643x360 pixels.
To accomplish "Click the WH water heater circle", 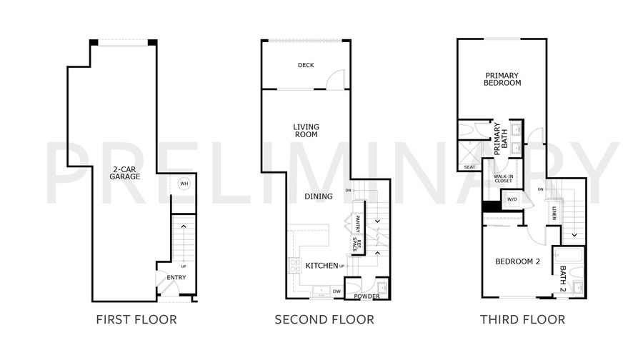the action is (x=184, y=184).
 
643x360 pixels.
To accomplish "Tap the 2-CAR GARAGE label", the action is (x=124, y=173).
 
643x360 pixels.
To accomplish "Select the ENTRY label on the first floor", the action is (x=176, y=278).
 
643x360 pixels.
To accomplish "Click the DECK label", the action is (x=306, y=65).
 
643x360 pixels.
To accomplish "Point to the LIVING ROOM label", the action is (x=306, y=131).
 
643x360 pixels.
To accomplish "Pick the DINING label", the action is (x=319, y=196).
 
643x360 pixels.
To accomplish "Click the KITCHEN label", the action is (x=322, y=266).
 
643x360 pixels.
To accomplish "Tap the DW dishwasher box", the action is (x=337, y=291).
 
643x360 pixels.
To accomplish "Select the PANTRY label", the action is (x=357, y=224).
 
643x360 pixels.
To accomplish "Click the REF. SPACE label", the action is (x=357, y=245).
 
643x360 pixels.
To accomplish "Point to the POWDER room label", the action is (x=367, y=296).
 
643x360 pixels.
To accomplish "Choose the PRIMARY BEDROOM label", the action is (x=502, y=79).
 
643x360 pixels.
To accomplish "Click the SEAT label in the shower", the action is (x=469, y=167).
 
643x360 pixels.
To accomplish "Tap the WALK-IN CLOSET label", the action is (x=503, y=179).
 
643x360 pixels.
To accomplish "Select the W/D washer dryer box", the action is (x=512, y=200).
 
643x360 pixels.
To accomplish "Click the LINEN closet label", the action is (x=554, y=213).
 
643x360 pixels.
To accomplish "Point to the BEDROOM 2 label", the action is (x=517, y=261).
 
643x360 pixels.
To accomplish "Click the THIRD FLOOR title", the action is (x=523, y=320).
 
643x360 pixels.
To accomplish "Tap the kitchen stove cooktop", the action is (x=295, y=265).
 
